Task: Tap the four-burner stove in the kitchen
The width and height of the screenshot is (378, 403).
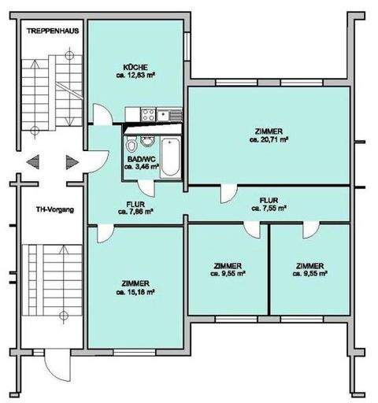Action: [x=146, y=116]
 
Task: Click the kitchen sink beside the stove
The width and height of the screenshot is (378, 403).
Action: [x=172, y=116]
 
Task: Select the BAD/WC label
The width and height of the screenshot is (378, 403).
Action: [x=138, y=159]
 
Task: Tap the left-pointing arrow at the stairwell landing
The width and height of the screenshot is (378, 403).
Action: [x=33, y=161]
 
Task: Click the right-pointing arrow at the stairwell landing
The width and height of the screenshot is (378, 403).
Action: [x=71, y=161]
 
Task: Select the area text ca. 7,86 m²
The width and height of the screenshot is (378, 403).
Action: [x=135, y=211]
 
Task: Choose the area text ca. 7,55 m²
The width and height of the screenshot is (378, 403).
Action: [x=268, y=209]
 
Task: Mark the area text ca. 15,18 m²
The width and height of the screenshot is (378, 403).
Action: [x=135, y=291]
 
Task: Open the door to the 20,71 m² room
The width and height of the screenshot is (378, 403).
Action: [x=228, y=191]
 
